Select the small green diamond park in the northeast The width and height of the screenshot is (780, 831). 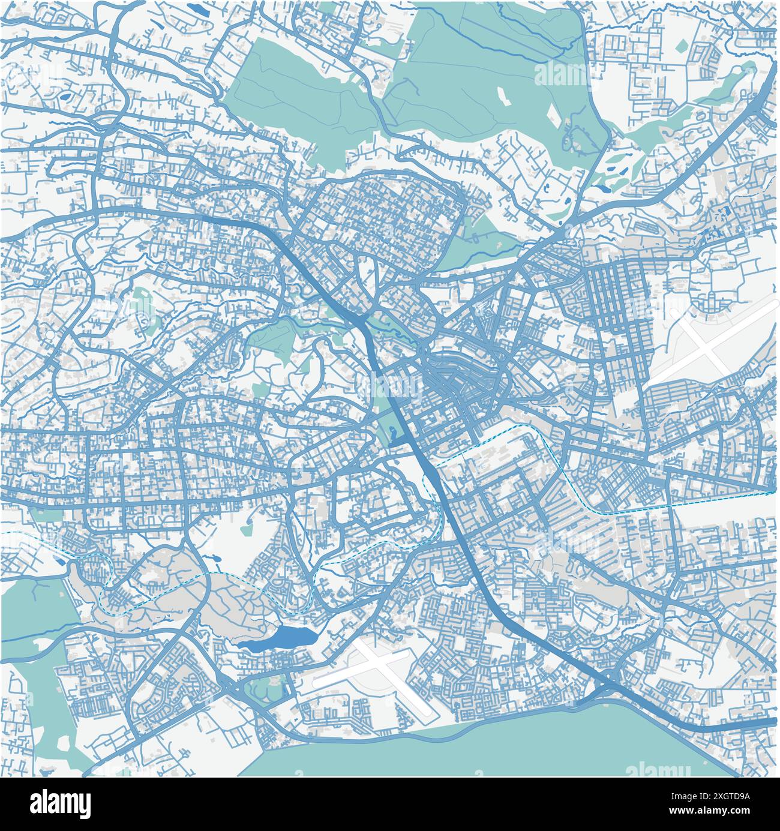[x=681, y=45]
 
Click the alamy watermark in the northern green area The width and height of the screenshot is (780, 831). [x=561, y=75]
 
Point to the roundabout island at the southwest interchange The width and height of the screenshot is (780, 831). [x=233, y=684]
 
